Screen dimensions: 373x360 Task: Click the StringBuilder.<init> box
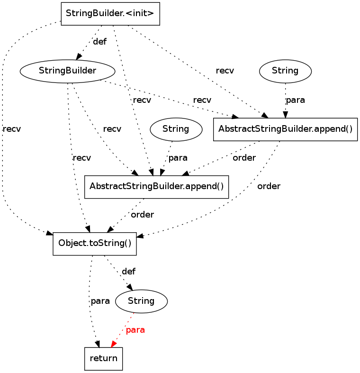(110, 14)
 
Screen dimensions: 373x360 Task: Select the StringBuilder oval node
(68, 71)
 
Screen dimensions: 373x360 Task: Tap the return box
(103, 358)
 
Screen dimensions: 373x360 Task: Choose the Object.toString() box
(94, 244)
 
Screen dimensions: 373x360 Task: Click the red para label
(135, 330)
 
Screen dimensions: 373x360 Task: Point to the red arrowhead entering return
(113, 344)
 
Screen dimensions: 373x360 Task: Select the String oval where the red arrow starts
(141, 301)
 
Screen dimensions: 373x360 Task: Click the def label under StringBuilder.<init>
(99, 42)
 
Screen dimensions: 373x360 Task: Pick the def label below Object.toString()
(128, 272)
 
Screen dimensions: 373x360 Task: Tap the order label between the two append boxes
(244, 158)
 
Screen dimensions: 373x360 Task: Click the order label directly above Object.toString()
(142, 215)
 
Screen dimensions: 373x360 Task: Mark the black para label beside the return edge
(100, 301)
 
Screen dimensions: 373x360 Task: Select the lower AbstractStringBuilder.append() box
(156, 186)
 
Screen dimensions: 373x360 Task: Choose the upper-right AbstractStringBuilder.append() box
(285, 129)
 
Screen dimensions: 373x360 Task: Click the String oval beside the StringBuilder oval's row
(285, 71)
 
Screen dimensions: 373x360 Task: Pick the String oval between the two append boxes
(176, 129)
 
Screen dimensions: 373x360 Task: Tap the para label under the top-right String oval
(295, 100)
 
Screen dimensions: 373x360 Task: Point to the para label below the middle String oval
(178, 158)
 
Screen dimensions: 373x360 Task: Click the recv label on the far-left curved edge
(11, 129)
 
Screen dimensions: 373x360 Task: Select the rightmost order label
(269, 186)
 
